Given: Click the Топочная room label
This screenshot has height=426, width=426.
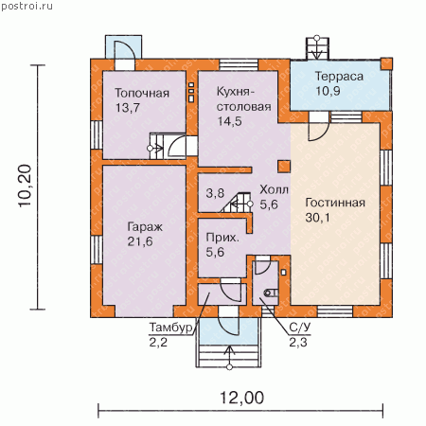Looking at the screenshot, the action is tap(142, 93).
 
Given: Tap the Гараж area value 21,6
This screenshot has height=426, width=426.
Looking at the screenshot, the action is tap(140, 241).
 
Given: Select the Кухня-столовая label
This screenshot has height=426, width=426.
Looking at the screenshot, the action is tap(243, 99).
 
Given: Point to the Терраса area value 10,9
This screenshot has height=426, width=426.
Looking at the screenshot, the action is tap(328, 91).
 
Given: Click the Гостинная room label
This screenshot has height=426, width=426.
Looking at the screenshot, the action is tap(335, 203).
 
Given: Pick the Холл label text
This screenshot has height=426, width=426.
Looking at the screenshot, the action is tap(274, 190).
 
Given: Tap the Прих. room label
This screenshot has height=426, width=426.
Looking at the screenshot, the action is tap(222, 238).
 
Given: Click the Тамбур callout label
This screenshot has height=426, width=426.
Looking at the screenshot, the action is tap(170, 328).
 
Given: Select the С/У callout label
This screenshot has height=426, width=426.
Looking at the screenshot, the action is tap(300, 328).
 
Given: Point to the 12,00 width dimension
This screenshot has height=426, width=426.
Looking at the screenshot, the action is tap(241, 398).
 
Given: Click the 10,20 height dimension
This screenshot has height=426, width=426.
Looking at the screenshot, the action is tap(26, 186).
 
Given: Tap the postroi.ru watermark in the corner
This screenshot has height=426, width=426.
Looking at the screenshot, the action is tap(27, 7).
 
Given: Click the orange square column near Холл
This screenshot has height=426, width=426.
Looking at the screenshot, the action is tap(284, 167).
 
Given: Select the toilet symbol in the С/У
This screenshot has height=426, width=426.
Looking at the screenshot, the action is tap(272, 293).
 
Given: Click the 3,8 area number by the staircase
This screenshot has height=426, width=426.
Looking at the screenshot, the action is tap(215, 193).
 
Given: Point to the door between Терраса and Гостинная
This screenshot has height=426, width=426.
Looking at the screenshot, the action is tap(319, 127).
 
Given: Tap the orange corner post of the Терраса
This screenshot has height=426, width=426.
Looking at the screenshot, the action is tap(386, 64).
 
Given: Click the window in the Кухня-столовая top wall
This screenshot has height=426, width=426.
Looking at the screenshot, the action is tap(239, 65).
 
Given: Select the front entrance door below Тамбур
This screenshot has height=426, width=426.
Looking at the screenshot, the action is tap(228, 320).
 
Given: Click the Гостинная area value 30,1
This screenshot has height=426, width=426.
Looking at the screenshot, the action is tap(317, 218).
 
